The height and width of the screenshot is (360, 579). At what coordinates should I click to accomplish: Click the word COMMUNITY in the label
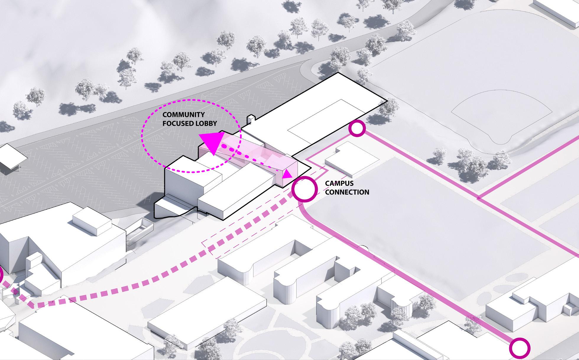click(183, 115)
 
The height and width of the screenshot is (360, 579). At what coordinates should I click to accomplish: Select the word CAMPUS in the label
click(339, 183)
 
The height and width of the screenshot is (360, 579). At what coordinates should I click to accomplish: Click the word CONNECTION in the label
click(347, 192)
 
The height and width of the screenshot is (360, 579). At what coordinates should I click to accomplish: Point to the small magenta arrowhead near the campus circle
click(287, 175)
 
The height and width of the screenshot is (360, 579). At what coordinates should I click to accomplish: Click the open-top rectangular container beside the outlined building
click(139, 232)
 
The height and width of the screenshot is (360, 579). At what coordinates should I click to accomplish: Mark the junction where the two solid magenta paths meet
click(479, 198)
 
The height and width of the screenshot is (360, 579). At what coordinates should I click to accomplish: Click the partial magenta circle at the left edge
click(1, 275)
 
